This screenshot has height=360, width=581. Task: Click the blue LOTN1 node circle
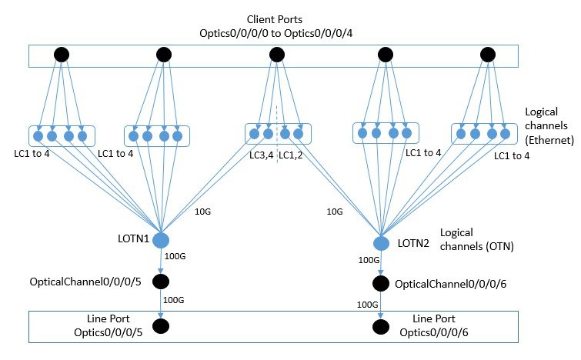(162, 240)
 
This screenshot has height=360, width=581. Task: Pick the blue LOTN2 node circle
(381, 243)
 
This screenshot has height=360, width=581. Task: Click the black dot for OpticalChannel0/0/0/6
(381, 284)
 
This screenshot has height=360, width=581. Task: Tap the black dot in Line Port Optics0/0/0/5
(162, 326)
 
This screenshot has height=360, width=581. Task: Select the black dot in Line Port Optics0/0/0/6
(381, 326)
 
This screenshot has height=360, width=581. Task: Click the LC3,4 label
(261, 155)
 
